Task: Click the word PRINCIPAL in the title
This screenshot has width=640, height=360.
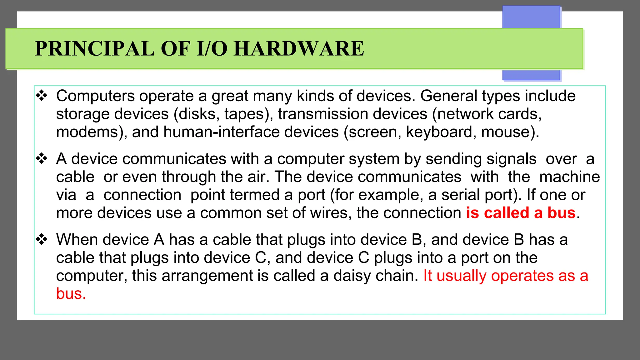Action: point(94,49)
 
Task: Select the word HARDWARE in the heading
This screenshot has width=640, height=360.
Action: point(299,49)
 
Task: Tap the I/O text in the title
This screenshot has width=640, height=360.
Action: point(212,49)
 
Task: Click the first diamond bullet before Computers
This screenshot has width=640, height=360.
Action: point(42,96)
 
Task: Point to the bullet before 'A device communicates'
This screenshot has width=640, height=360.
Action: point(42,159)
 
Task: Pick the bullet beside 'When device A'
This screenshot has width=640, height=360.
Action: point(42,240)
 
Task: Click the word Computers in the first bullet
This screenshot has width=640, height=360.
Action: point(95,96)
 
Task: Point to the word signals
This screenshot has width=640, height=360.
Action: point(481,159)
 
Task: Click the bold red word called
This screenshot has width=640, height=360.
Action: point(506,213)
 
